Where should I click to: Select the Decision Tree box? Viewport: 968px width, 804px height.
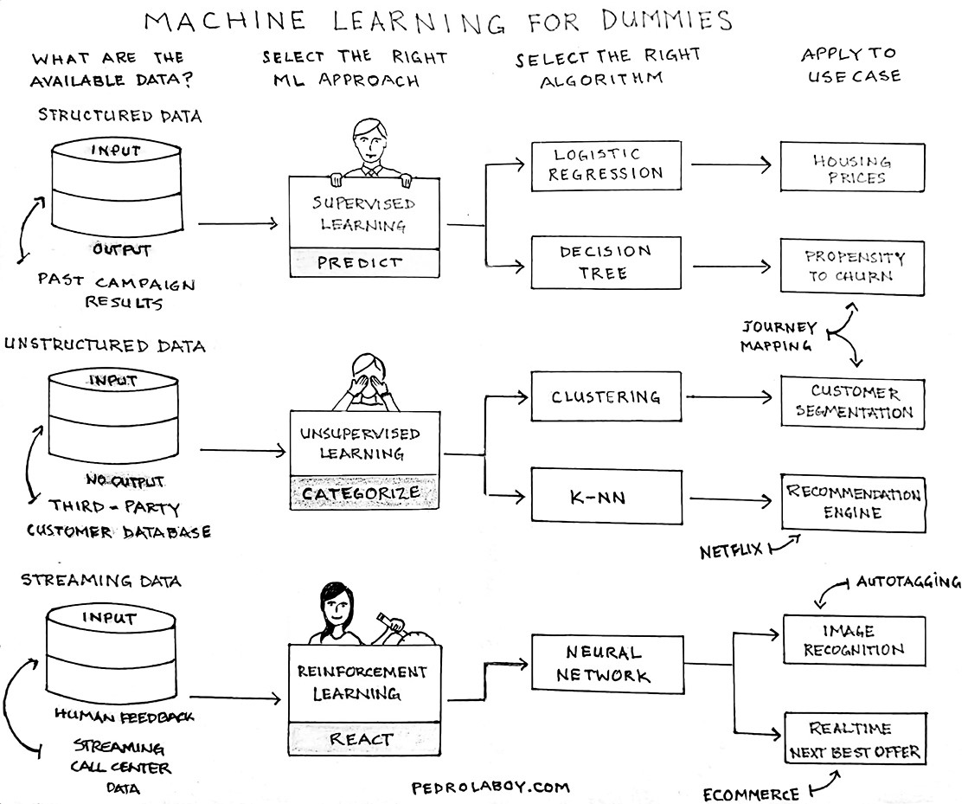pyautogui.click(x=605, y=263)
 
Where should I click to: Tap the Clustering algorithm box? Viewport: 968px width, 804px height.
pyautogui.click(x=605, y=398)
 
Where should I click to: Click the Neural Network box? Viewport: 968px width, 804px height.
pyautogui.click(x=604, y=664)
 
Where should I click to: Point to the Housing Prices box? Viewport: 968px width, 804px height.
pyautogui.click(x=852, y=168)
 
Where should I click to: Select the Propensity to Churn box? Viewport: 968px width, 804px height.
pyautogui.click(x=852, y=267)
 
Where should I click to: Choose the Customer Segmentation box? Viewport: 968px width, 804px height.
pyautogui.click(x=852, y=402)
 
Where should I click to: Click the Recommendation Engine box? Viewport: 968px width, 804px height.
pyautogui.click(x=853, y=503)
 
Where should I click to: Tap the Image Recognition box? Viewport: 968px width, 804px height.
pyautogui.click(x=853, y=640)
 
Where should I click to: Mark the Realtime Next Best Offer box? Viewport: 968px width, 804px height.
pyautogui.click(x=853, y=740)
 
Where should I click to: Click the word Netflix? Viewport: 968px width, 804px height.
pyautogui.click(x=731, y=550)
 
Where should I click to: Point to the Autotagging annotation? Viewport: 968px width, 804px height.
pyautogui.click(x=907, y=582)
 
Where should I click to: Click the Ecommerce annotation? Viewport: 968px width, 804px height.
pyautogui.click(x=751, y=794)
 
